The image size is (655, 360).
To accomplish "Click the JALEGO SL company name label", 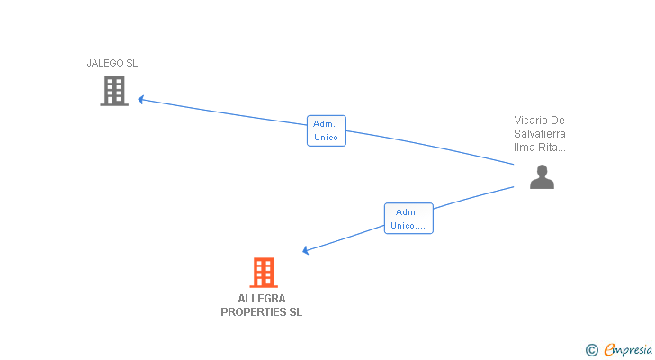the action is click(x=112, y=63).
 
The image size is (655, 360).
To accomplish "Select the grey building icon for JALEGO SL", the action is click(x=114, y=91).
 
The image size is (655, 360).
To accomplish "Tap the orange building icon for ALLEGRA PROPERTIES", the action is click(x=263, y=272).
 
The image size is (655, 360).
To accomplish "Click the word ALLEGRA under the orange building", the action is click(x=262, y=299).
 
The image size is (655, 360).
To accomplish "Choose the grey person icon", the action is click(x=542, y=177).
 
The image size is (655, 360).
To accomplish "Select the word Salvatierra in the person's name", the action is click(x=540, y=133).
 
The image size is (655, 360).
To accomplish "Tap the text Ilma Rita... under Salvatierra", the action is click(x=540, y=147).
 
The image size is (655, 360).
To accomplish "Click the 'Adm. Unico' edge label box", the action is click(x=326, y=130).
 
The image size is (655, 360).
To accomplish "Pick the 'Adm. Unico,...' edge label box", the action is click(x=408, y=219).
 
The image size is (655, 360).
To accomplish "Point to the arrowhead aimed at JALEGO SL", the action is click(x=141, y=99).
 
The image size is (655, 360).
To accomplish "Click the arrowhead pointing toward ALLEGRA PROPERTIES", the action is click(x=307, y=251).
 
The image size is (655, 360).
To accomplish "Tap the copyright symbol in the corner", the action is click(x=591, y=350).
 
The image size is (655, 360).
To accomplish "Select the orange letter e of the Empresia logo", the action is click(x=609, y=350).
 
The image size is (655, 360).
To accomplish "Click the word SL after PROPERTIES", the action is click(x=295, y=312).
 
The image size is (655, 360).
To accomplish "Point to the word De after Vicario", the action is click(x=558, y=120).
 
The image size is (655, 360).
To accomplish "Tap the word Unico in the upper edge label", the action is click(x=326, y=138).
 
